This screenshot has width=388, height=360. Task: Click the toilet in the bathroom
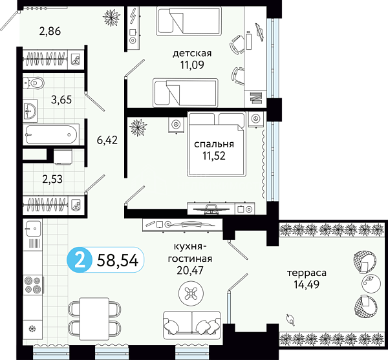(x=33, y=83)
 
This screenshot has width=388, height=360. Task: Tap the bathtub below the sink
(x=51, y=134)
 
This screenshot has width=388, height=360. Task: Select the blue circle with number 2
(x=80, y=260)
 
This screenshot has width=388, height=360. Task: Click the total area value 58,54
(x=118, y=260)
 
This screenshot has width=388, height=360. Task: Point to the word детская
(x=192, y=54)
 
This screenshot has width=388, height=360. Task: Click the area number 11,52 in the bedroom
(x=214, y=156)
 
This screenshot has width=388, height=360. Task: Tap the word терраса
(x=307, y=273)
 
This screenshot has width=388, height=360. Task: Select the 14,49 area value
(x=307, y=284)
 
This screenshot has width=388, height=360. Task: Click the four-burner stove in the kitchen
(x=33, y=284)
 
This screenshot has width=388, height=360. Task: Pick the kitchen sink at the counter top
(x=33, y=229)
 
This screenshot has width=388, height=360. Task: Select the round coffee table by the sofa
(x=191, y=293)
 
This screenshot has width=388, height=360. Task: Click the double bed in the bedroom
(x=217, y=144)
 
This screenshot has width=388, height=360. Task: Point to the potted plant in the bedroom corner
(x=138, y=127)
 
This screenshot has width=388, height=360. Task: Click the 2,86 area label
(x=50, y=32)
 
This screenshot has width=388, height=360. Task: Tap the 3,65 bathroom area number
(x=61, y=100)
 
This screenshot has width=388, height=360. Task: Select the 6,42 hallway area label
(x=107, y=140)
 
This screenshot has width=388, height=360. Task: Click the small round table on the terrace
(x=371, y=284)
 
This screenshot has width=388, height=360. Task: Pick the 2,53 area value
(x=52, y=179)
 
